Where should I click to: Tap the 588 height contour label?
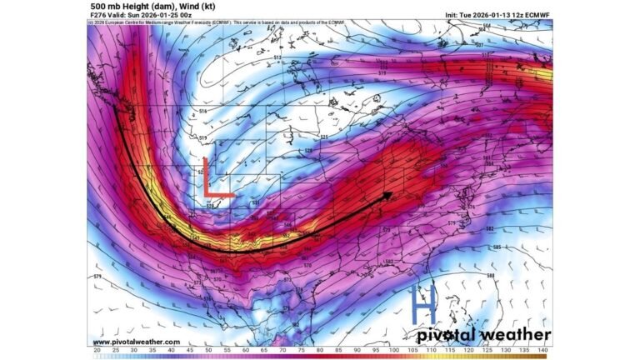coord(513,276)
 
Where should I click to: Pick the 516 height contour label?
coord(202,111)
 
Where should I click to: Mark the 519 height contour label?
coord(203,138)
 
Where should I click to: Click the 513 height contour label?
coord(277,57)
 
